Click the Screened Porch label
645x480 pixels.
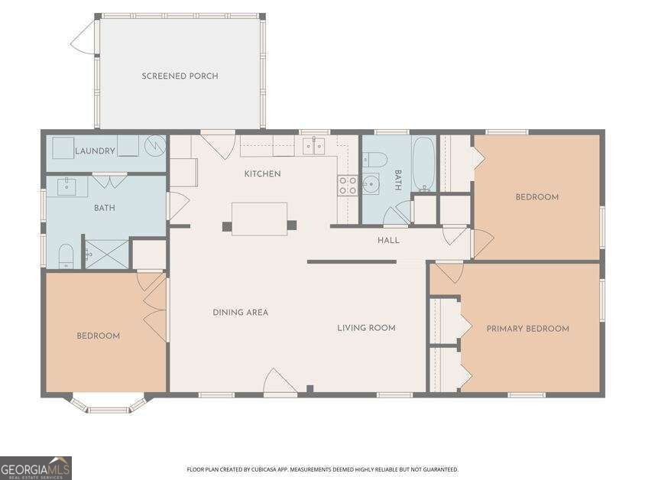point(180,76)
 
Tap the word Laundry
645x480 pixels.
point(95,151)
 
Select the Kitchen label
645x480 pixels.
point(262,174)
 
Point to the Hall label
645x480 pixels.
point(388,240)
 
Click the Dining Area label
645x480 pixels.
point(240,313)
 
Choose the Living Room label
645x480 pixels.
point(367,328)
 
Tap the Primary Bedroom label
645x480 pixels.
point(528,329)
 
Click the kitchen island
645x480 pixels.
point(259,219)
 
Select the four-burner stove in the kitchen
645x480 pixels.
point(348,185)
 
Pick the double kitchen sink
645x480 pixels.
point(314,145)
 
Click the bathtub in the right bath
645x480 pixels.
point(423,164)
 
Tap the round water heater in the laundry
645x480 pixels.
point(155,145)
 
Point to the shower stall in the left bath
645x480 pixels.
point(107,255)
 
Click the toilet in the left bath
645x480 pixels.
point(66,256)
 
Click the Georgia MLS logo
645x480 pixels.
point(36,468)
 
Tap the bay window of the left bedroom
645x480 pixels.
point(109,405)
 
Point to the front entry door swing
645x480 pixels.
point(279,381)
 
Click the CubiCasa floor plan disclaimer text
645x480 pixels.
point(322,469)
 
